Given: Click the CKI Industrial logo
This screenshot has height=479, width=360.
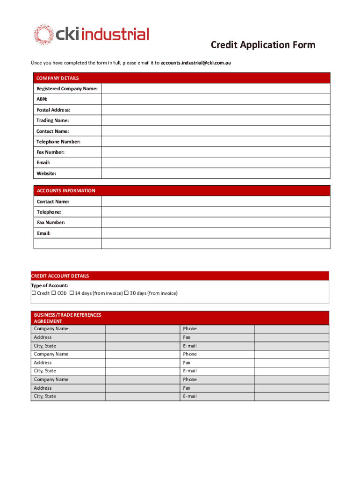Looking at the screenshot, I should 91,35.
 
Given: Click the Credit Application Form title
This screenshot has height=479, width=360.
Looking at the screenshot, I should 263,45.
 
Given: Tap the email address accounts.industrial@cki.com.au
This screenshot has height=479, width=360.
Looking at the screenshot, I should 196,62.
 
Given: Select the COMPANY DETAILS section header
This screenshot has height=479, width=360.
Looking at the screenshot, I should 58,78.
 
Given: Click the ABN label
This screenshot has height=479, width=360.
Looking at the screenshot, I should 42,99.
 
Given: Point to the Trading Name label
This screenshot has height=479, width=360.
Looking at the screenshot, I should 52,121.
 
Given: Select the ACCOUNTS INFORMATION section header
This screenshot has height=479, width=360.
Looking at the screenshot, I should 66,190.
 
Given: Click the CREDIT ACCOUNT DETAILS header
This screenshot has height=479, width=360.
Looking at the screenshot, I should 60,276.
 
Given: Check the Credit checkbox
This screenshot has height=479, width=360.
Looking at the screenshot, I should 34,293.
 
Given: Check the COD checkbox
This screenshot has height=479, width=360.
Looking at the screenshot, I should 54,293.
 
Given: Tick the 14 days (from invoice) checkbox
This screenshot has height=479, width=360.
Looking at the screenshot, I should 72,293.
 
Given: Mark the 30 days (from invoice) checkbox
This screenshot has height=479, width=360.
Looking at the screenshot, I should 126,293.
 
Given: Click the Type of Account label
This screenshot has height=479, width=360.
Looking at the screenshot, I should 50,285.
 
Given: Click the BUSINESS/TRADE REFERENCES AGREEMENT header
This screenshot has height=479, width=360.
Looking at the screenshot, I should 67,318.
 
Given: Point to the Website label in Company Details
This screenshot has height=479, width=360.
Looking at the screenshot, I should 46,174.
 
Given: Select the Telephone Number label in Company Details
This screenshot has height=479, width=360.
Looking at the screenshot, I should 58,142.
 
